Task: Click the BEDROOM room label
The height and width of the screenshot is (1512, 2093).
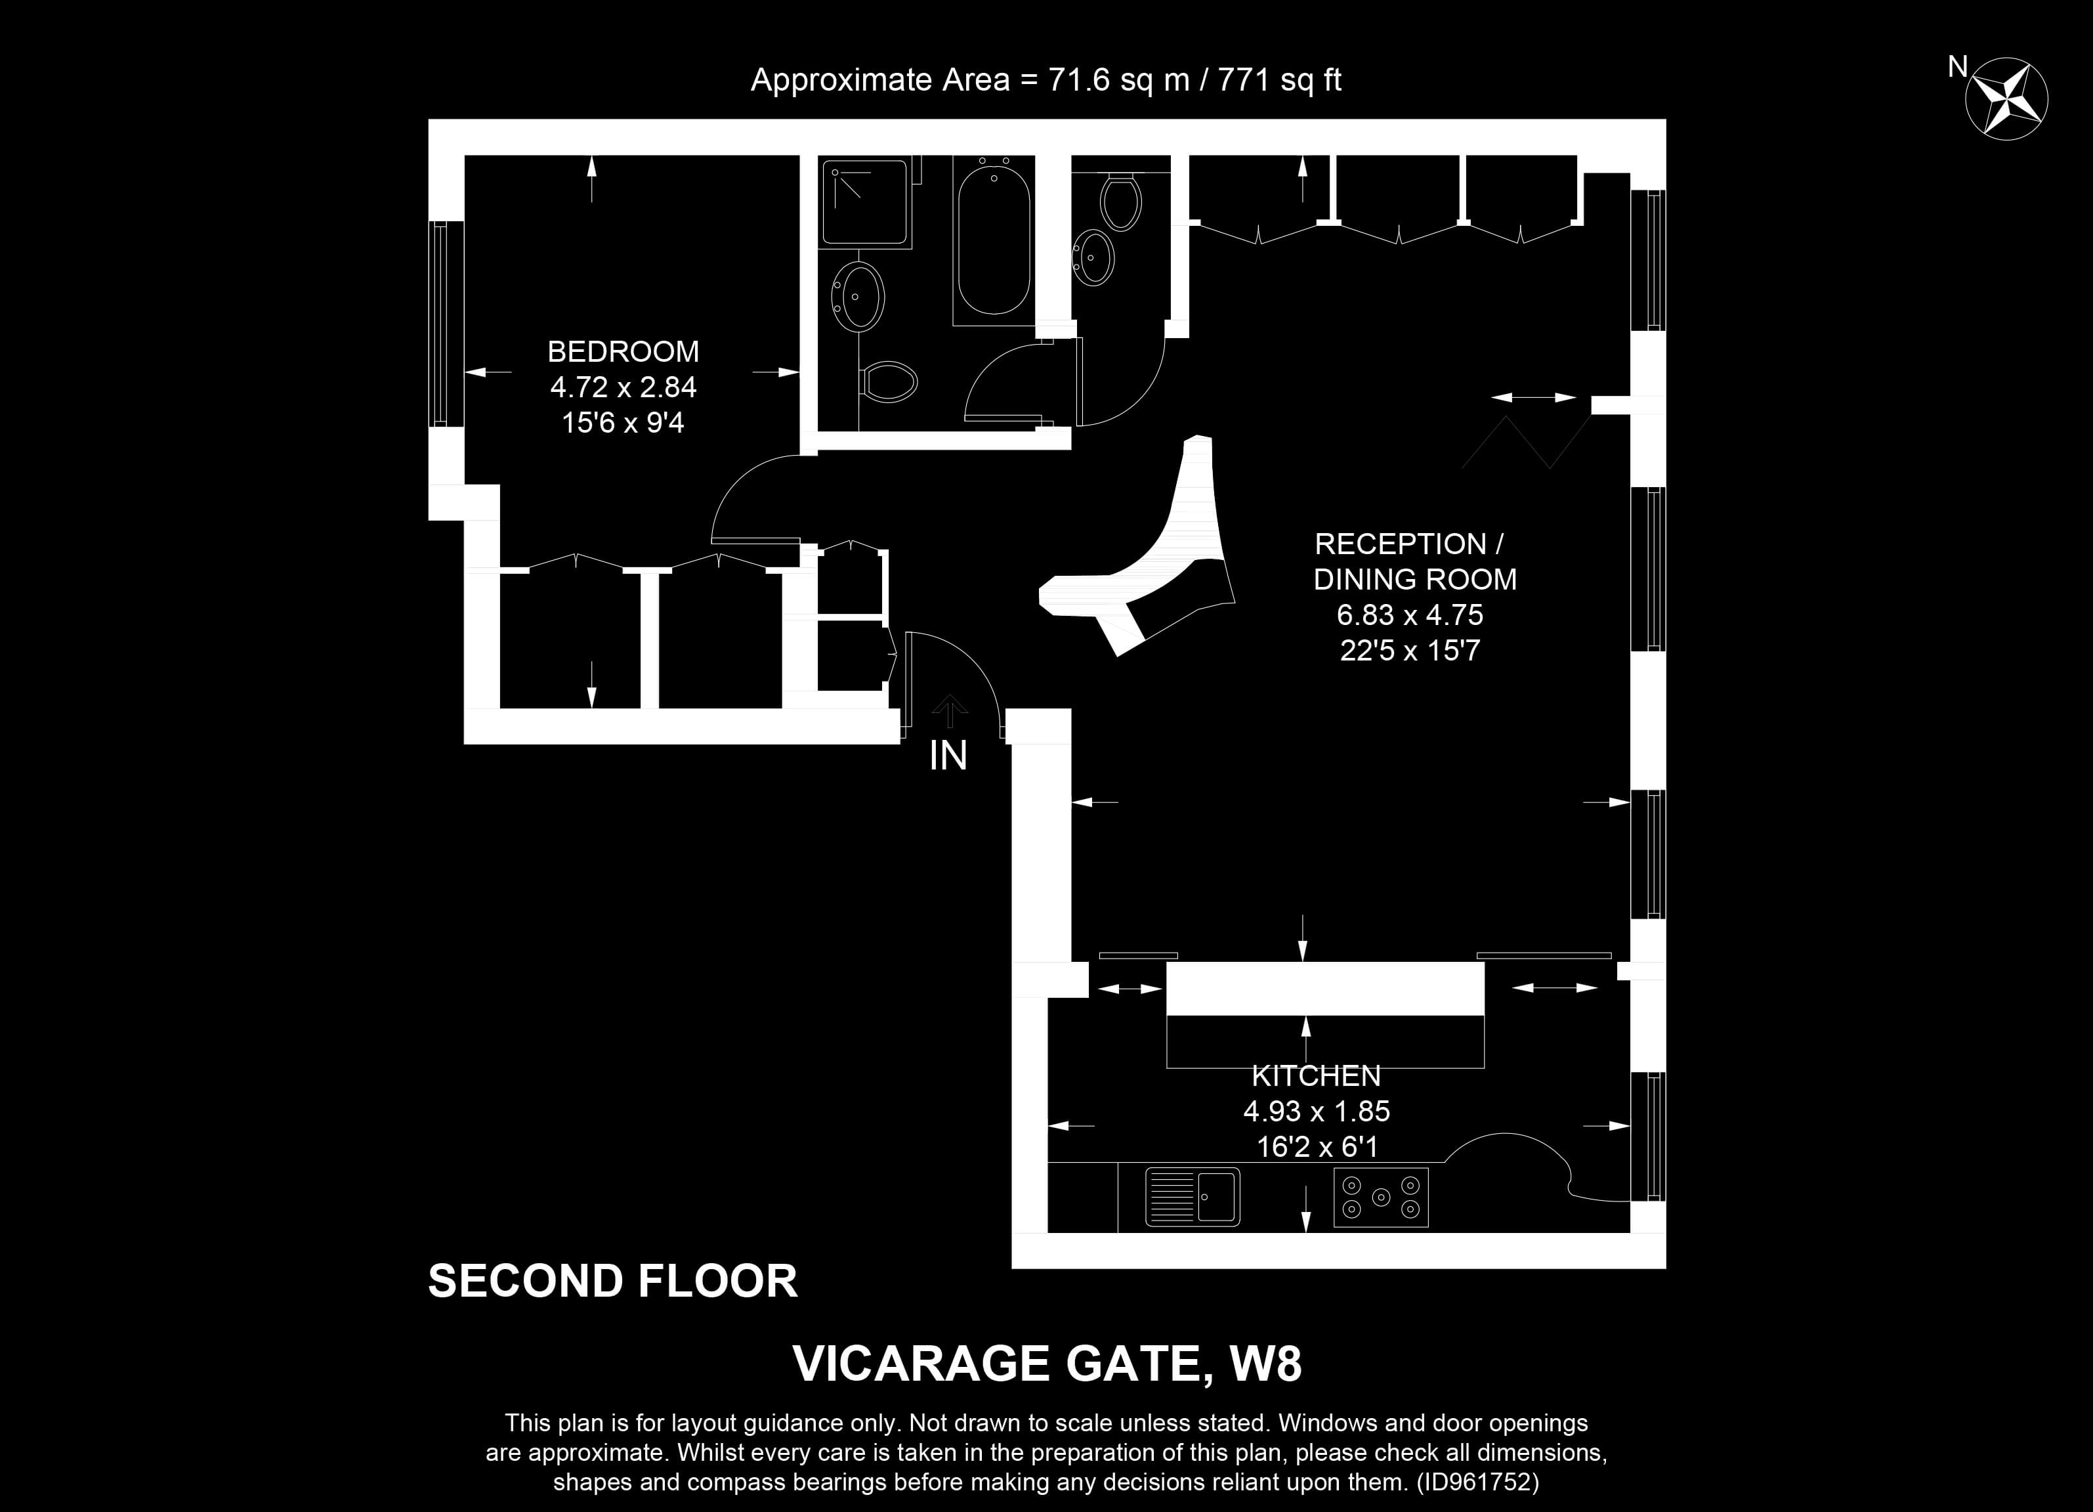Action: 623,352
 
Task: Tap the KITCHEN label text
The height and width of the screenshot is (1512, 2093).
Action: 1316,1075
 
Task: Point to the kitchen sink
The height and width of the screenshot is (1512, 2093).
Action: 1193,1198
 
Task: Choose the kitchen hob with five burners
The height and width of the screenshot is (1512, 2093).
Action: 1381,1198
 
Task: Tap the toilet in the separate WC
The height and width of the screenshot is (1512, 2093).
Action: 1121,200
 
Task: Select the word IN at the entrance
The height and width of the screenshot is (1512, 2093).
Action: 948,756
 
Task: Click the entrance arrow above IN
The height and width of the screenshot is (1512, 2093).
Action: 948,711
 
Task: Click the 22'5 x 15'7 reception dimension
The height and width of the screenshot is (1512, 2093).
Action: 1409,651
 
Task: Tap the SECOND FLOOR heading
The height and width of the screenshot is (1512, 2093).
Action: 613,1282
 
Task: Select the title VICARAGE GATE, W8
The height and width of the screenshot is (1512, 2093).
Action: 1047,1364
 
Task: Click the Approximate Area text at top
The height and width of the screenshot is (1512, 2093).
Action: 1046,80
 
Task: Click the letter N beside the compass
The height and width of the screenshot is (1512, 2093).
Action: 1957,66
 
